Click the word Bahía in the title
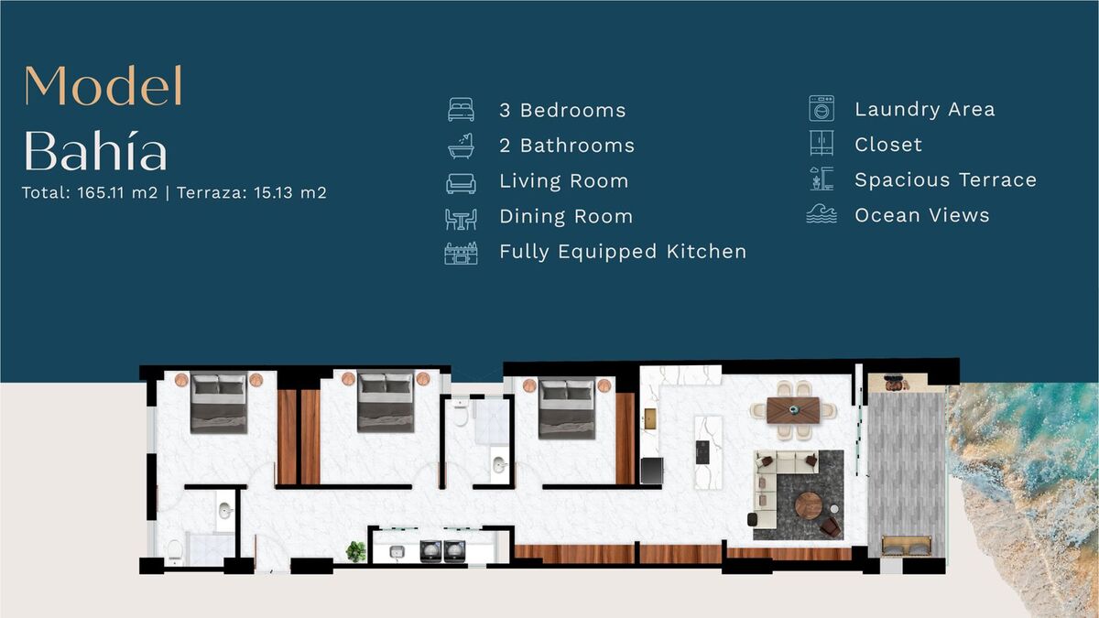click(95, 149)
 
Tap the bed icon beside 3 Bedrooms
click(461, 109)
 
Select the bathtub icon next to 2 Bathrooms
click(461, 146)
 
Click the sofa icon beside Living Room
click(461, 183)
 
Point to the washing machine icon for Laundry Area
click(822, 108)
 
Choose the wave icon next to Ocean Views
click(822, 214)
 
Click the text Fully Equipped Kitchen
click(623, 252)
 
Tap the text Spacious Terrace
click(945, 180)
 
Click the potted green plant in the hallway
click(355, 551)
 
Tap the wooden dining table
click(793, 410)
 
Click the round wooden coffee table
click(809, 504)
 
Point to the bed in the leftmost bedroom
click(218, 403)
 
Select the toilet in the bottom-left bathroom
click(174, 551)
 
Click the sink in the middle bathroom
click(499, 464)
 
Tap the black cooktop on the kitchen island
click(702, 452)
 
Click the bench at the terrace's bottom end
click(907, 547)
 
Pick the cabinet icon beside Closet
click(822, 143)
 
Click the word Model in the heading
click(103, 85)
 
